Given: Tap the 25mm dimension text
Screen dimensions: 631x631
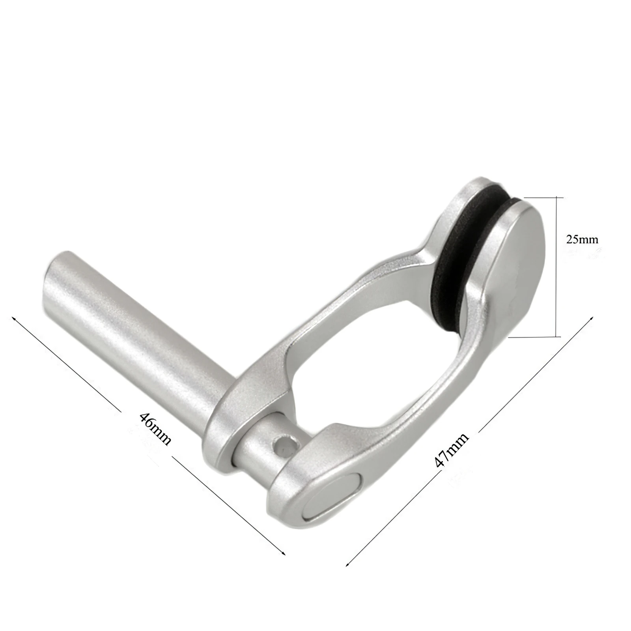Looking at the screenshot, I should click(582, 239).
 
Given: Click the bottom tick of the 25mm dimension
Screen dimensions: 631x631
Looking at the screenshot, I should click(557, 337).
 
